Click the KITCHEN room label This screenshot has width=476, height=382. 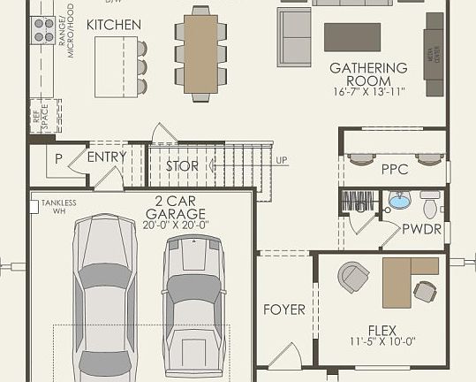tap(113, 25)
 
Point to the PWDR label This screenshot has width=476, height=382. tap(416, 229)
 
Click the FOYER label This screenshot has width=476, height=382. tap(284, 309)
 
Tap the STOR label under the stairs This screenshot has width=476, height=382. tap(183, 166)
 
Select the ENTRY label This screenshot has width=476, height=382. tap(107, 157)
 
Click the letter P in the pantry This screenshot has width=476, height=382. tap(58, 159)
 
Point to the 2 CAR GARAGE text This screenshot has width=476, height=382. tap(175, 207)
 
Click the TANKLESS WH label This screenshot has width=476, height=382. tap(58, 207)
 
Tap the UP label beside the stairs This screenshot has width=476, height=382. tap(281, 160)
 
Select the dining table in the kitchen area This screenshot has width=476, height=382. tap(200, 53)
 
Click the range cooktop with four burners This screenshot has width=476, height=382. tap(42, 31)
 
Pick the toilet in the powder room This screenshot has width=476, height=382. tap(430, 204)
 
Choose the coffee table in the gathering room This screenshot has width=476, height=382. tap(352, 37)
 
